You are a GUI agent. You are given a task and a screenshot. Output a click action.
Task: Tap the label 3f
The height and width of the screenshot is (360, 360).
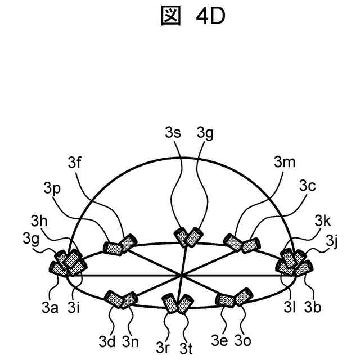pos(75,163)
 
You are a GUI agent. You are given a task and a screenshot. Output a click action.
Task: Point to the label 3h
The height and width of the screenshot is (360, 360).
pos(39,218)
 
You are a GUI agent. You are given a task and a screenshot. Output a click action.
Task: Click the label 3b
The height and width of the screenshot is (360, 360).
pos(313,307)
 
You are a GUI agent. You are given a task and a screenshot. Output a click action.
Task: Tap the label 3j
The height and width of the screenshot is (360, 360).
pos(332,242)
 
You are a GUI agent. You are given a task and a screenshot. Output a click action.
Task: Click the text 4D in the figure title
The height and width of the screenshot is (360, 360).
pos(210,17)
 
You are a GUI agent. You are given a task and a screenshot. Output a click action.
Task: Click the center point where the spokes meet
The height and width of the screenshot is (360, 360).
pos(181,275)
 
